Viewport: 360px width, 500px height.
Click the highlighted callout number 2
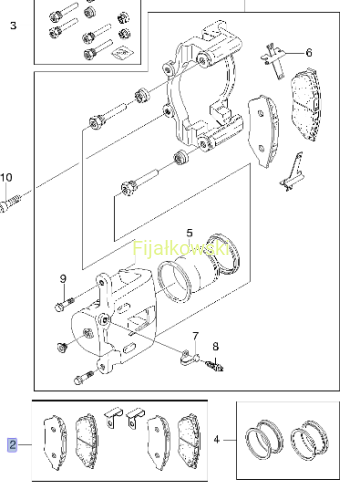click(12, 445)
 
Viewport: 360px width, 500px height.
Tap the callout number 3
click(13, 26)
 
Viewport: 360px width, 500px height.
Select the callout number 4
click(217, 440)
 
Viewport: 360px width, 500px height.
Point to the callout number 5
click(189, 233)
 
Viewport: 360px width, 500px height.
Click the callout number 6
click(309, 53)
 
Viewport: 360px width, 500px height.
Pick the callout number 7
click(195, 336)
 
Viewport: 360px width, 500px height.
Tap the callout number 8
click(216, 347)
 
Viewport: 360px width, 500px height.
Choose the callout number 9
click(63, 279)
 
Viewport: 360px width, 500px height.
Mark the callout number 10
click(6, 177)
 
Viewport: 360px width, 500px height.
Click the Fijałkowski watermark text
click(181, 248)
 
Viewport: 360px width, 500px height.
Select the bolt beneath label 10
click(10, 203)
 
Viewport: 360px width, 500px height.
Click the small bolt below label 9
click(64, 304)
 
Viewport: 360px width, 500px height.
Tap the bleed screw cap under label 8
click(215, 366)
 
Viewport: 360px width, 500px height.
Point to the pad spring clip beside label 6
click(274, 60)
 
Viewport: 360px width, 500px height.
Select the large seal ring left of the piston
click(174, 282)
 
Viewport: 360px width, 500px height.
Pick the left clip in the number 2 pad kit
click(113, 418)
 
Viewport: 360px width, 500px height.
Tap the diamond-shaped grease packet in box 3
click(122, 52)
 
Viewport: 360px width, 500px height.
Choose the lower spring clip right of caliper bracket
click(292, 173)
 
